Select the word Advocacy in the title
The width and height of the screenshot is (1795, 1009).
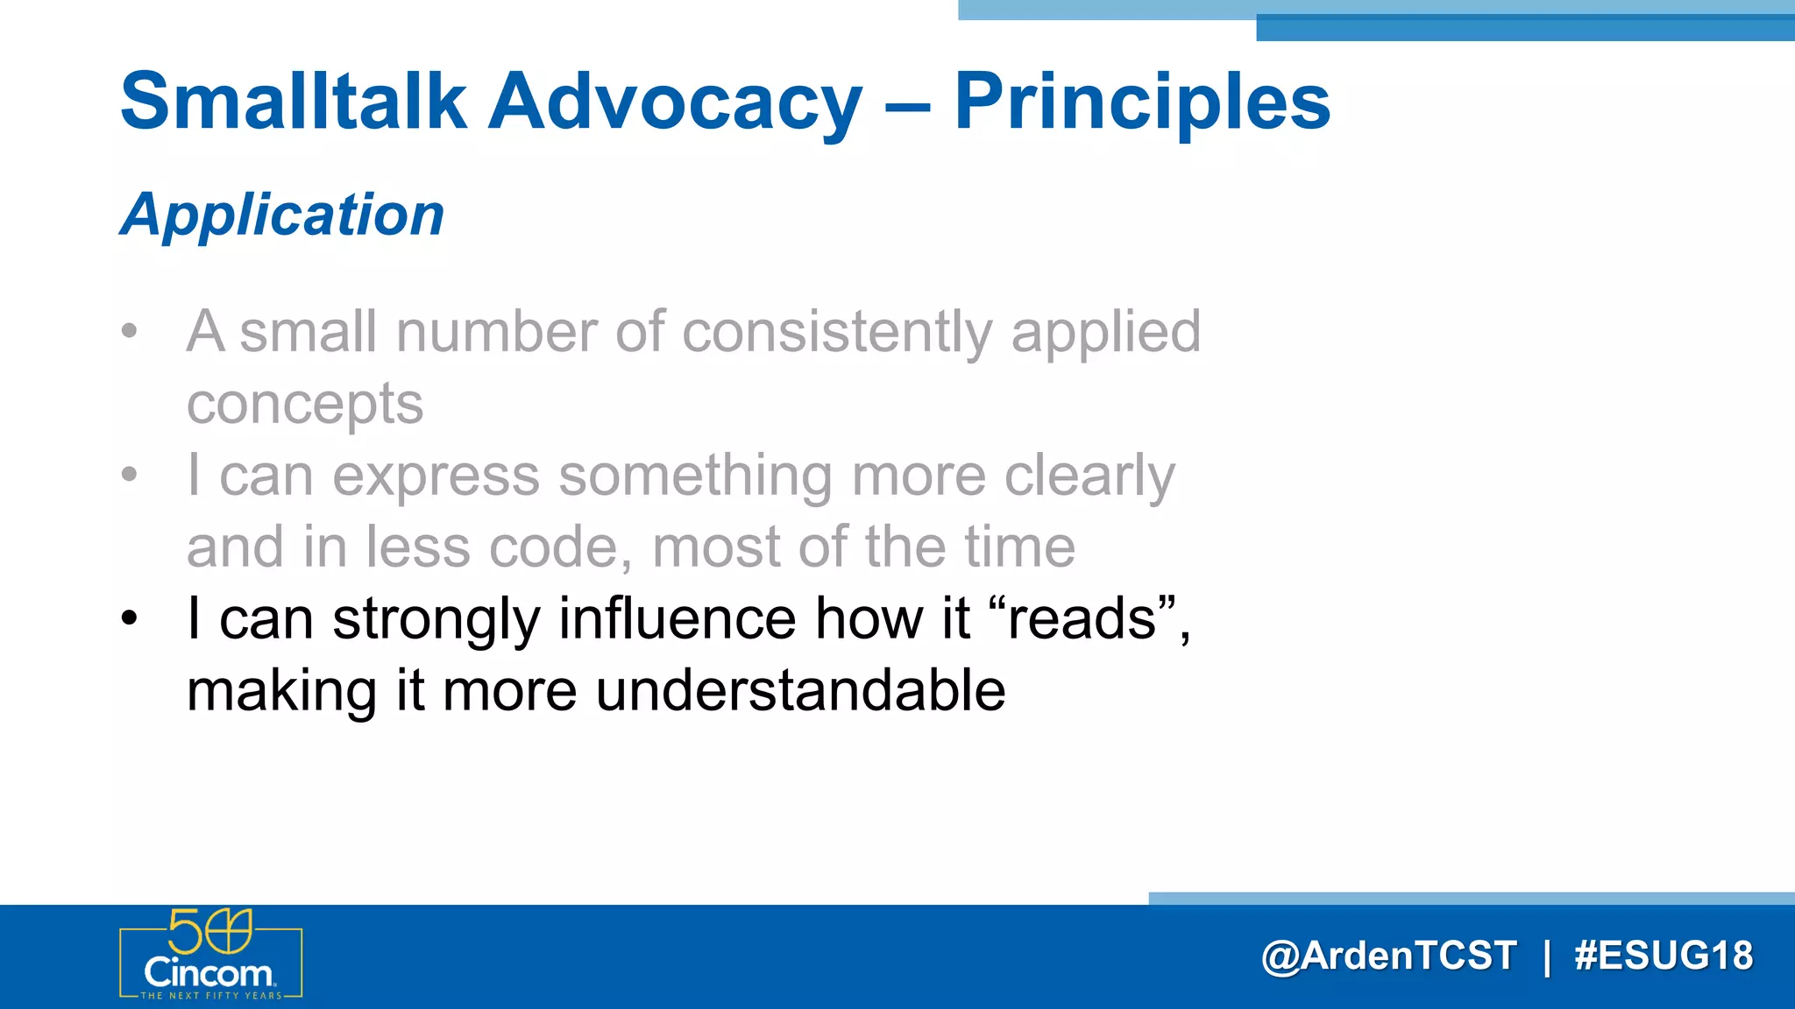coord(675,103)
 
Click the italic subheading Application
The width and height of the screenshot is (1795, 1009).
coord(282,215)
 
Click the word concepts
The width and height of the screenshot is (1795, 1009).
coord(305,404)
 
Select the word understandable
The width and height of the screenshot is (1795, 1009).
coord(800,690)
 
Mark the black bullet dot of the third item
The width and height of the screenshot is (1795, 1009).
coord(130,618)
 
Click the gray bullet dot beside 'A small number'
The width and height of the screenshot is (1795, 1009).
coord(130,331)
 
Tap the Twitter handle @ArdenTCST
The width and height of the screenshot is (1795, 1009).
coord(1388,956)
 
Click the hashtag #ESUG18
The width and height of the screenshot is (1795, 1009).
coord(1663,956)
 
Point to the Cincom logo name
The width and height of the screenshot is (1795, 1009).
coord(209,973)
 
